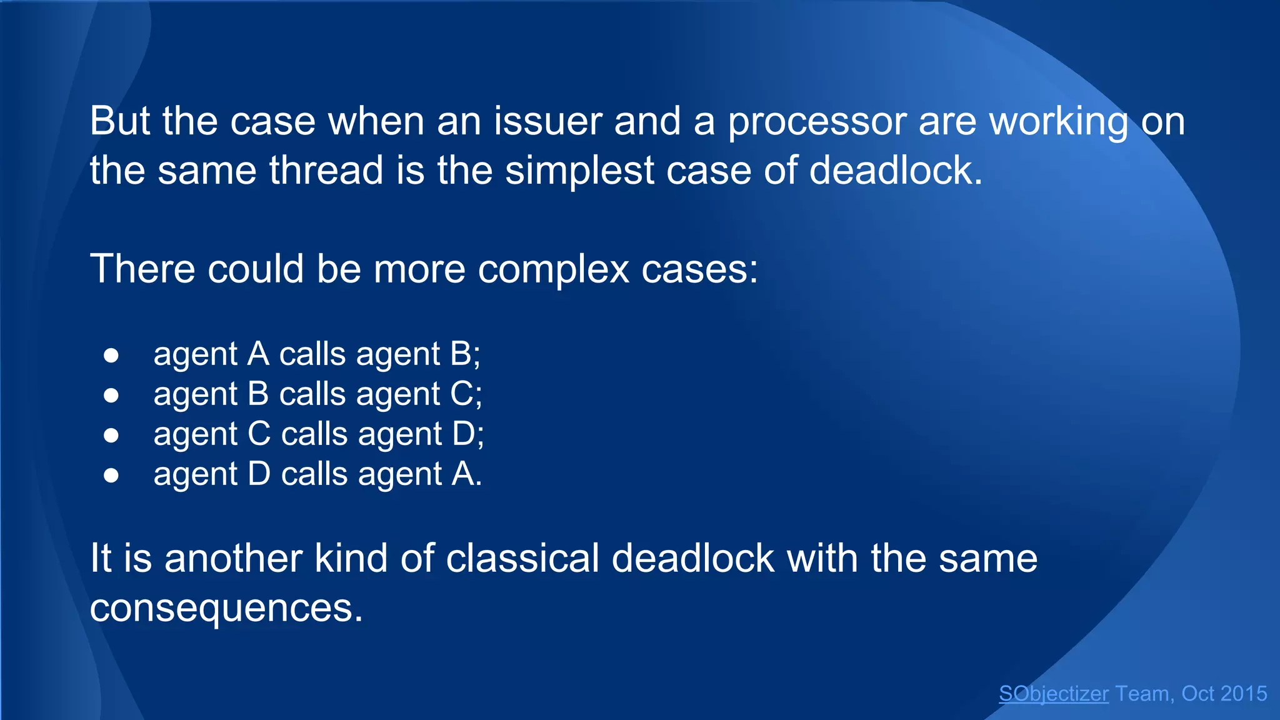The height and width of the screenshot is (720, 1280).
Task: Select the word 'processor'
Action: (x=817, y=122)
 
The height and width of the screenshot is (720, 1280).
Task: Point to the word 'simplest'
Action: (x=579, y=171)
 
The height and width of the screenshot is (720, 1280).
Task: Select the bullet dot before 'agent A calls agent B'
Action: (x=111, y=355)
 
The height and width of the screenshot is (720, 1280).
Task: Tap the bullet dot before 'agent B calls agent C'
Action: (x=111, y=395)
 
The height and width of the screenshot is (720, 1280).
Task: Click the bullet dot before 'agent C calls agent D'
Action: (x=111, y=435)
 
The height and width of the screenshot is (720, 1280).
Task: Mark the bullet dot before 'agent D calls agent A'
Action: (x=111, y=475)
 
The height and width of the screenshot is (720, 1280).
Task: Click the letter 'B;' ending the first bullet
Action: (x=465, y=354)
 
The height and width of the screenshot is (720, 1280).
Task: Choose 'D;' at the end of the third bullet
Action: (x=468, y=434)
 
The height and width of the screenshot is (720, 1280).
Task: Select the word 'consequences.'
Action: (x=226, y=607)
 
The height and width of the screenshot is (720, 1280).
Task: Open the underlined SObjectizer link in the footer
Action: (x=1054, y=694)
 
